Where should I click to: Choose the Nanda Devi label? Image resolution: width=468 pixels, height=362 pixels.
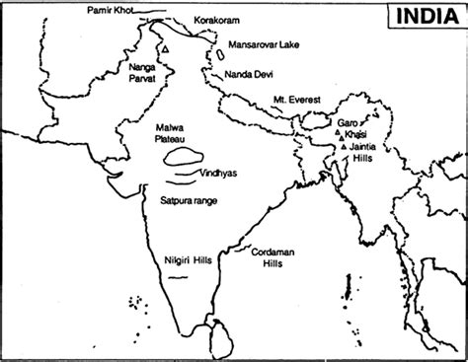coord(255,72)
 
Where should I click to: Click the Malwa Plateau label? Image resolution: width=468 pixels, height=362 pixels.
coord(173,135)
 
